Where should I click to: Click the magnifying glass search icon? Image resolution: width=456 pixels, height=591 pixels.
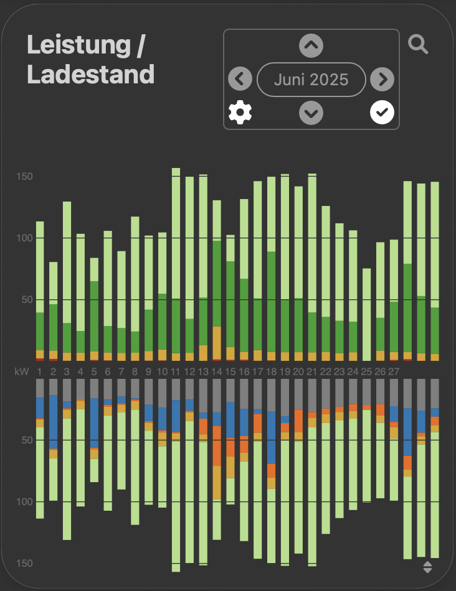coord(417,44)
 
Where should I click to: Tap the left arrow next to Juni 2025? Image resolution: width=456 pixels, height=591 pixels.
coord(240,80)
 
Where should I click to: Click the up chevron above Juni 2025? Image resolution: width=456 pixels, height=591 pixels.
coord(311,45)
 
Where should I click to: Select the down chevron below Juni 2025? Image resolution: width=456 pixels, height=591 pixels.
coord(311,113)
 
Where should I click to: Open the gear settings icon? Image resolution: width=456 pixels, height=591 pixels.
coord(240,113)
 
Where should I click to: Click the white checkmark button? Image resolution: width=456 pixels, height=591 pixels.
coord(382,113)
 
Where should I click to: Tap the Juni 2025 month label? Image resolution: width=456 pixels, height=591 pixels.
coord(311,80)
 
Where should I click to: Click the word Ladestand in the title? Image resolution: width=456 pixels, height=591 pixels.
coord(91,75)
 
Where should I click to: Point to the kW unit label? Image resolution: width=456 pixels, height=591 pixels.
coord(22,371)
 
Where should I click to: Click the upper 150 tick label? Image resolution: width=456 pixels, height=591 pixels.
coord(24,177)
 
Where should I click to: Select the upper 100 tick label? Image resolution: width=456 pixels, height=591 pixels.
coord(24,238)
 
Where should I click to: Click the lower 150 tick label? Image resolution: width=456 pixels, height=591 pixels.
coord(24,563)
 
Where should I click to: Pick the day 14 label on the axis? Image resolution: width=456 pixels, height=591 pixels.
coord(217,371)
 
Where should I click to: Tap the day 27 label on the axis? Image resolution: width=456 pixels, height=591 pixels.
coord(394,371)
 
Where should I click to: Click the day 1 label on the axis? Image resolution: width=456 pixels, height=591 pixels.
coord(39,371)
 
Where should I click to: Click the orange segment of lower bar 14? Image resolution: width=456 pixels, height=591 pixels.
coord(217,445)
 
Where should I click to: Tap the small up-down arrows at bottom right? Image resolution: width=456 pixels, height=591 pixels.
coord(427,566)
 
